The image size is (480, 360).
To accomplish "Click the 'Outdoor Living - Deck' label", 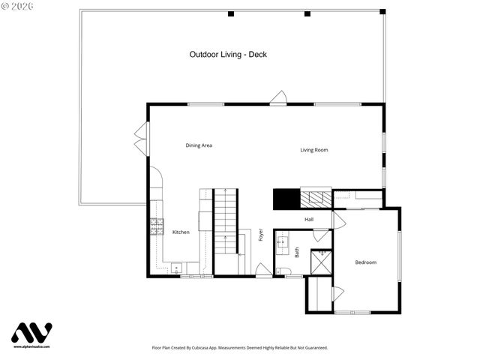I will (x=228, y=54).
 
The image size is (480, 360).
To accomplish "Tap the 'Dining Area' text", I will (x=199, y=145).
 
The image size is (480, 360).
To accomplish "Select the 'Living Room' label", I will (x=314, y=150).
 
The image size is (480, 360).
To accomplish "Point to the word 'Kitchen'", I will (x=181, y=232).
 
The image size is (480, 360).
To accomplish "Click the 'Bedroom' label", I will (x=365, y=262).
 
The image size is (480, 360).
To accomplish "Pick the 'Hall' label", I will (x=309, y=219).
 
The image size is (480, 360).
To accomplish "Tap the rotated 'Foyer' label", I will (x=261, y=234).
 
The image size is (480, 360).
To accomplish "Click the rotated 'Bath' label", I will (x=296, y=253).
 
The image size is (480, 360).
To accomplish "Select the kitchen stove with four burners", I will (x=157, y=226).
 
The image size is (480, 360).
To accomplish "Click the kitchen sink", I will (x=176, y=268).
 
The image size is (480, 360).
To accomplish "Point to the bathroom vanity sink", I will (x=283, y=241).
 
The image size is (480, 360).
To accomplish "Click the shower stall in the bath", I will (x=321, y=261).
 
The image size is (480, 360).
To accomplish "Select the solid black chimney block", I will (x=286, y=199).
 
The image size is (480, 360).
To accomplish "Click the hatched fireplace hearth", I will (x=316, y=199).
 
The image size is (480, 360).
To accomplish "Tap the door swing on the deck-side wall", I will (x=278, y=97).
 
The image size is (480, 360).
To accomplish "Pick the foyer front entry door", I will (x=263, y=270).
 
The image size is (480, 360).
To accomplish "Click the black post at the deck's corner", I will (x=382, y=12).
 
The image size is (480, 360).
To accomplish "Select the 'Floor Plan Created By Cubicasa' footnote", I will (x=239, y=348).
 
